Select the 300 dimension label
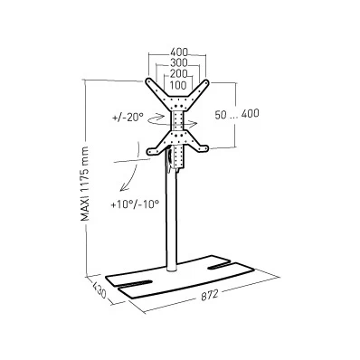[x=179, y=63]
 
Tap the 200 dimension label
[x=178, y=74]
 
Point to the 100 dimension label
[x=178, y=85]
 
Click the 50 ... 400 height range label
[x=237, y=114]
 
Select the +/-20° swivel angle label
[x=128, y=117]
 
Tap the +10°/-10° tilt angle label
[x=135, y=204]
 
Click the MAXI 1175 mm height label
[x=85, y=184]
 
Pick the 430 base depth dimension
[x=99, y=289]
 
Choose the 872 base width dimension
[x=209, y=295]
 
